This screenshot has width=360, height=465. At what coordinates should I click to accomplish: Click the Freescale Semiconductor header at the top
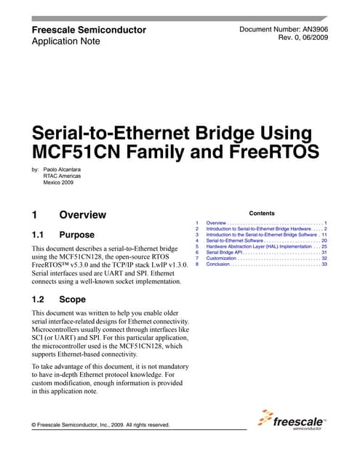point(89,30)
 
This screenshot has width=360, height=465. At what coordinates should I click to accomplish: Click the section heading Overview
point(82,215)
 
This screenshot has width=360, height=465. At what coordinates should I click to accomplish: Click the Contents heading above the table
point(262,214)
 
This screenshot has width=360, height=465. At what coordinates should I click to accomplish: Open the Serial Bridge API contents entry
point(233,252)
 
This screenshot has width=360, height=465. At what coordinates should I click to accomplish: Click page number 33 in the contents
point(324,264)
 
